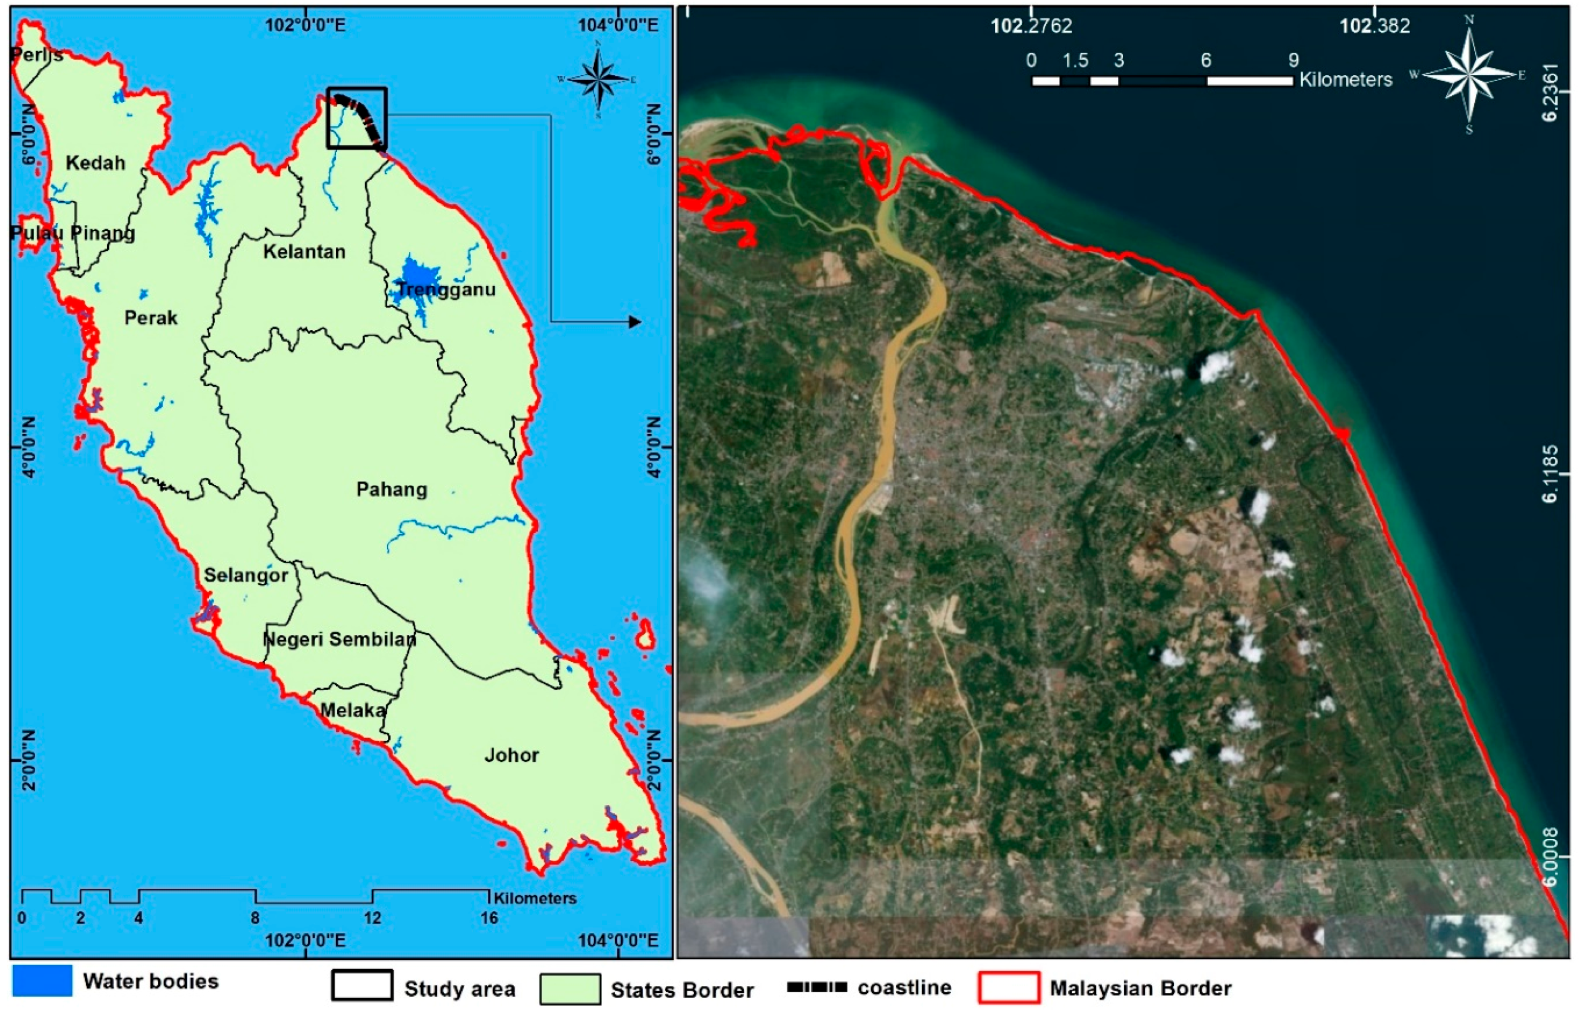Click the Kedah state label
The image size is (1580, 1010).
[x=95, y=163]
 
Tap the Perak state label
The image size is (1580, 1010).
[x=151, y=318]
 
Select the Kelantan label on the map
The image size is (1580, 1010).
[x=304, y=252]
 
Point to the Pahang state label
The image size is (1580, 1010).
[x=392, y=489]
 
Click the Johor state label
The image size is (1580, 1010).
[x=512, y=755]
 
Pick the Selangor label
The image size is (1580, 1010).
[x=246, y=575]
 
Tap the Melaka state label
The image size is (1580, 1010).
[x=353, y=710]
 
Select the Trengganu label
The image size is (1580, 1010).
[x=446, y=289]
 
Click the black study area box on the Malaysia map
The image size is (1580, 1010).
[x=357, y=118]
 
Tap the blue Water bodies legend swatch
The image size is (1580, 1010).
[x=42, y=981]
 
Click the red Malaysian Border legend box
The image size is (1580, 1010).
[x=1009, y=988]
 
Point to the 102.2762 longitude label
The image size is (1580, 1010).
[x=1031, y=26]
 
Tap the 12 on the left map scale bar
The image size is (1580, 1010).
[x=373, y=918]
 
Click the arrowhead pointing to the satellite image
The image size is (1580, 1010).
[x=634, y=322]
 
